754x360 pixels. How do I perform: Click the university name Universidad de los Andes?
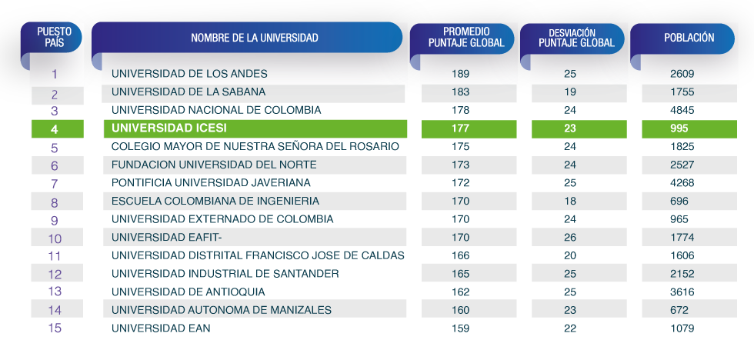click(x=189, y=74)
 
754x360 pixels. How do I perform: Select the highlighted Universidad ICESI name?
click(x=169, y=128)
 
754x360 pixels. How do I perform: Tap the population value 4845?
click(x=682, y=110)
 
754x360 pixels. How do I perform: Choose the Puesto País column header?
click(x=55, y=37)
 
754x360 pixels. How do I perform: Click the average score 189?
click(x=460, y=74)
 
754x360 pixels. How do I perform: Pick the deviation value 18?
click(x=570, y=201)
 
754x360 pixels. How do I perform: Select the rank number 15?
click(x=55, y=328)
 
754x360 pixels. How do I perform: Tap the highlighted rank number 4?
click(x=55, y=129)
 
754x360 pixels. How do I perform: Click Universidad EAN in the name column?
click(x=161, y=328)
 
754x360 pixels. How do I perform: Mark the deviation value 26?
click(x=570, y=238)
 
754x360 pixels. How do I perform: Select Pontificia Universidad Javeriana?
click(x=211, y=183)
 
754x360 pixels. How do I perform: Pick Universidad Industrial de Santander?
click(x=225, y=274)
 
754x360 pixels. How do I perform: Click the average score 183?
click(x=460, y=92)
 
